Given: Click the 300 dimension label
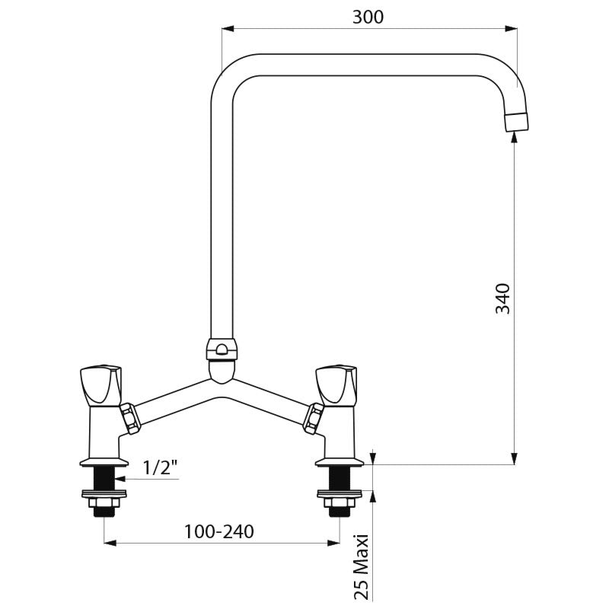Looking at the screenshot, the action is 368,17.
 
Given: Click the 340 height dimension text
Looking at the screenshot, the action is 502,298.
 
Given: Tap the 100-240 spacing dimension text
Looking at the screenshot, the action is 219,531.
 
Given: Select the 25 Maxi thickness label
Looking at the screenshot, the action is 361,567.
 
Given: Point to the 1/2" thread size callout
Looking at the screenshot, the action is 160,467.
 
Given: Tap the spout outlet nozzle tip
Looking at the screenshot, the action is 517,122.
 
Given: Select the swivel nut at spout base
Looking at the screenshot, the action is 222,349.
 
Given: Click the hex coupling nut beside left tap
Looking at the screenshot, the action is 130,418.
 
